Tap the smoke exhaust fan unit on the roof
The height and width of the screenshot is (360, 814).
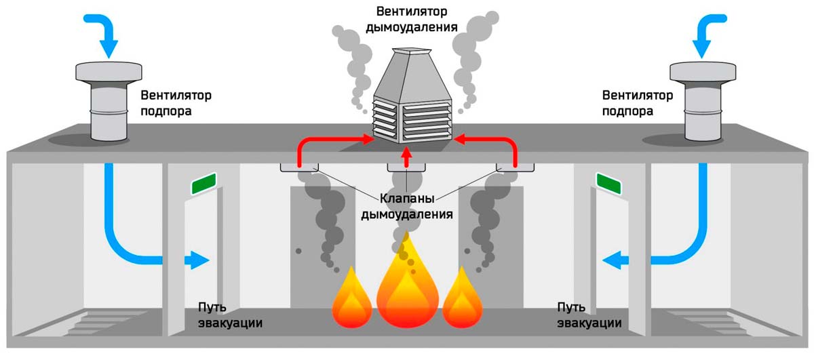410,98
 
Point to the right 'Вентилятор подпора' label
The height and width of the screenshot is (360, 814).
637,102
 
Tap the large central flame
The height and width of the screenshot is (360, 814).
406,285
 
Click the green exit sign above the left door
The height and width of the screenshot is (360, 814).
204,182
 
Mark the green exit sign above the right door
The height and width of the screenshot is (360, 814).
608,181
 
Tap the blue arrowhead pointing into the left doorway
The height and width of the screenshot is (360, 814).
199,259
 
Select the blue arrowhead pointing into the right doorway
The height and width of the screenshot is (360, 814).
614,259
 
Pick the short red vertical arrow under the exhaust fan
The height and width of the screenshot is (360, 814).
406,158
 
